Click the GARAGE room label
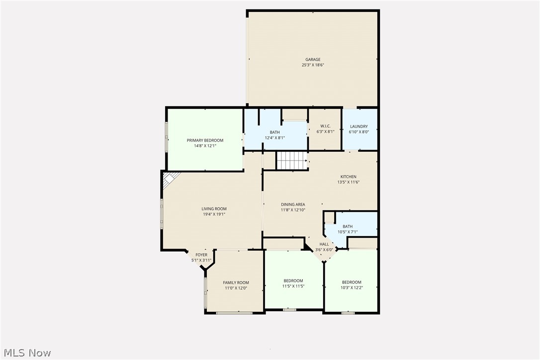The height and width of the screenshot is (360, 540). pyautogui.click(x=313, y=60)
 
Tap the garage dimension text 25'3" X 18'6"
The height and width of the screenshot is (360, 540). pyautogui.click(x=313, y=65)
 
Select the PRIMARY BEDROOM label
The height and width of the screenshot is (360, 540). pyautogui.click(x=205, y=140)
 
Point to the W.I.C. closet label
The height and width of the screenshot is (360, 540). pyautogui.click(x=325, y=126)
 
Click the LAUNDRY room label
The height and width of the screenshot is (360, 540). pyautogui.click(x=359, y=126)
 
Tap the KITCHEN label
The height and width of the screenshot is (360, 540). pyautogui.click(x=348, y=177)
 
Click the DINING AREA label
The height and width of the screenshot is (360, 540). pyautogui.click(x=293, y=204)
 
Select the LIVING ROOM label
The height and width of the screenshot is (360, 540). pyautogui.click(x=214, y=209)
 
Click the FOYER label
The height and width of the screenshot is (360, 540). pyautogui.click(x=201, y=255)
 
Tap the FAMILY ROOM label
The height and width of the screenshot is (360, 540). pyautogui.click(x=236, y=282)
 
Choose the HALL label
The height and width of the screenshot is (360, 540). pyautogui.click(x=324, y=244)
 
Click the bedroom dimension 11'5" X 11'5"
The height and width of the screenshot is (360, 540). pyautogui.click(x=293, y=286)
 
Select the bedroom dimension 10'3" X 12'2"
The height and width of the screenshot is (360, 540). pyautogui.click(x=351, y=288)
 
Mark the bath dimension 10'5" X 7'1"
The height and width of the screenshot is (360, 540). pyautogui.click(x=347, y=232)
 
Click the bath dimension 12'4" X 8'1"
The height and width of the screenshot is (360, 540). pyautogui.click(x=274, y=138)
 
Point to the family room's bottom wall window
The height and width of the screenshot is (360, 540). pyautogui.click(x=234, y=313)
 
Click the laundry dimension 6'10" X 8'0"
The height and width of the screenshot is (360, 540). pyautogui.click(x=359, y=132)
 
